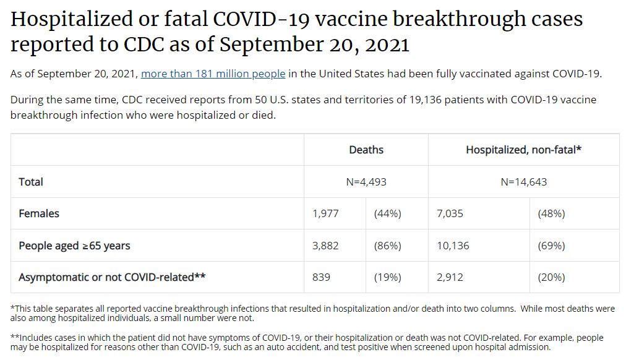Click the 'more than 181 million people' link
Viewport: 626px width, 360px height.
click(213, 74)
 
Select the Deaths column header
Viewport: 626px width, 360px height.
click(366, 150)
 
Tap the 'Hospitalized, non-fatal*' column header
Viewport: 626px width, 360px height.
click(523, 150)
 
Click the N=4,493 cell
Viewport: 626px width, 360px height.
click(366, 182)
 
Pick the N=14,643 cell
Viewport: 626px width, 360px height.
click(523, 182)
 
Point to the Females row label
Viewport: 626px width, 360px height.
click(39, 213)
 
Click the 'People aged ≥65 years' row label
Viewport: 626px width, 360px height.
click(74, 246)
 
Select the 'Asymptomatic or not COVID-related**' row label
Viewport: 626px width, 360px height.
click(112, 277)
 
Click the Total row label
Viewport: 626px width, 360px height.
click(31, 182)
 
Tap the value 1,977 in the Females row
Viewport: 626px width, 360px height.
click(326, 213)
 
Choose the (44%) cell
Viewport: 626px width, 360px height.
click(387, 213)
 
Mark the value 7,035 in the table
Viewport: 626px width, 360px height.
click(450, 213)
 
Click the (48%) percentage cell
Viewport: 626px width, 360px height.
click(551, 213)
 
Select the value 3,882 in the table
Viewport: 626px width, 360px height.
click(326, 246)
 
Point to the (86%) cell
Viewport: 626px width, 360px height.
click(387, 246)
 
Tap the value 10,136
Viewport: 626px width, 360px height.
click(453, 246)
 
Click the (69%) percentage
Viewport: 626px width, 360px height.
click(551, 246)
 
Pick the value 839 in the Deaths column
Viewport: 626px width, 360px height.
click(322, 277)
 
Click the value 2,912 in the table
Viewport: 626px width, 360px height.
click(450, 277)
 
